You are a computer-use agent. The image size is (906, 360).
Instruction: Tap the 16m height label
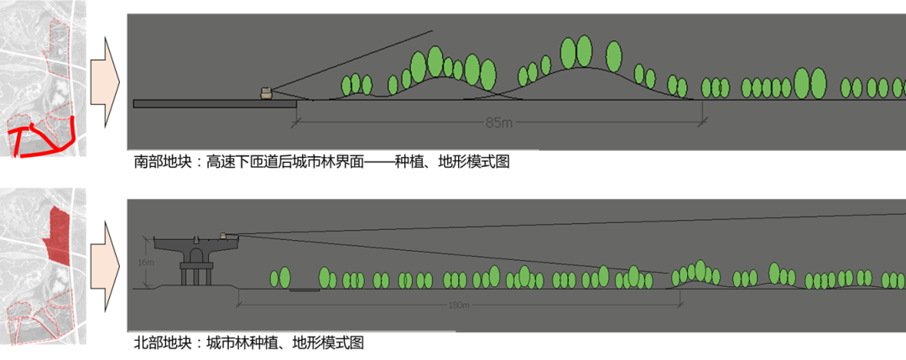(x=148, y=263)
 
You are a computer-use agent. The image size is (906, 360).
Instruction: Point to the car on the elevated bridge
(x=224, y=237)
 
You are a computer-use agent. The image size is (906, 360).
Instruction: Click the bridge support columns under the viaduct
(x=195, y=272)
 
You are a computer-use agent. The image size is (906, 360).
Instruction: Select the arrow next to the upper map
(x=105, y=82)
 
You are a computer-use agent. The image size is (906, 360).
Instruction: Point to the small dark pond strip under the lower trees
(x=304, y=290)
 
